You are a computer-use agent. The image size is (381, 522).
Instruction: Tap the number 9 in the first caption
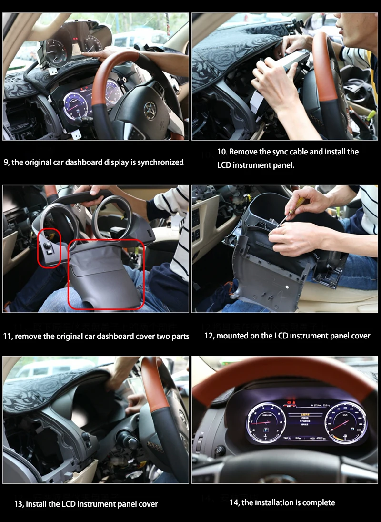coord(6,163)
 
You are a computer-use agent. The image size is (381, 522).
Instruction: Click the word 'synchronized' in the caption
coord(160,163)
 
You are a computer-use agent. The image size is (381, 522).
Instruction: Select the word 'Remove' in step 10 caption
coord(243,152)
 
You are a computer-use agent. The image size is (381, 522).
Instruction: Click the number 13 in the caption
coord(18,504)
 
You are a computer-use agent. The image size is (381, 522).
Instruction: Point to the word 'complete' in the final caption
coord(320,502)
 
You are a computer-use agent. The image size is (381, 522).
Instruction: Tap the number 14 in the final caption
coord(234,502)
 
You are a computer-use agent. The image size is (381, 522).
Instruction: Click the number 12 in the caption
coord(208,336)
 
